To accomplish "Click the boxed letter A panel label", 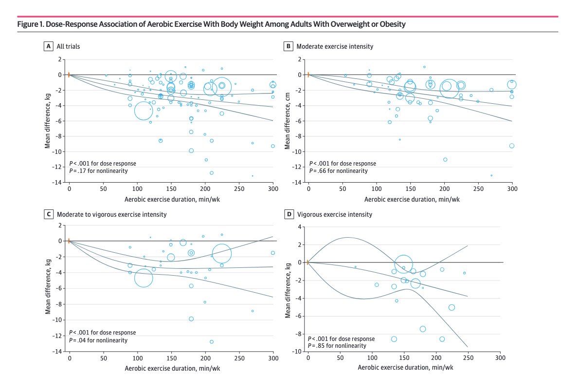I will point(48,46).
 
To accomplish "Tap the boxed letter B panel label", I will point(288,46).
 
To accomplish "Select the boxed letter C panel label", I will point(48,214).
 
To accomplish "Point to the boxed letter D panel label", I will point(288,214).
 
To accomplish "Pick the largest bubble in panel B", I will point(449,88).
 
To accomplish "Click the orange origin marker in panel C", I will point(69,241).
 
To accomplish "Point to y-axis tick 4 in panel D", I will point(300,226).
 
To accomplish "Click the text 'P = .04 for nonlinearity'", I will point(98,340).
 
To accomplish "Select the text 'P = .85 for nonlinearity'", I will point(337,345).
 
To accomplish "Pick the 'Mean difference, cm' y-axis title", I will point(288,122).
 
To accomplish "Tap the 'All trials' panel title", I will point(69,46).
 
